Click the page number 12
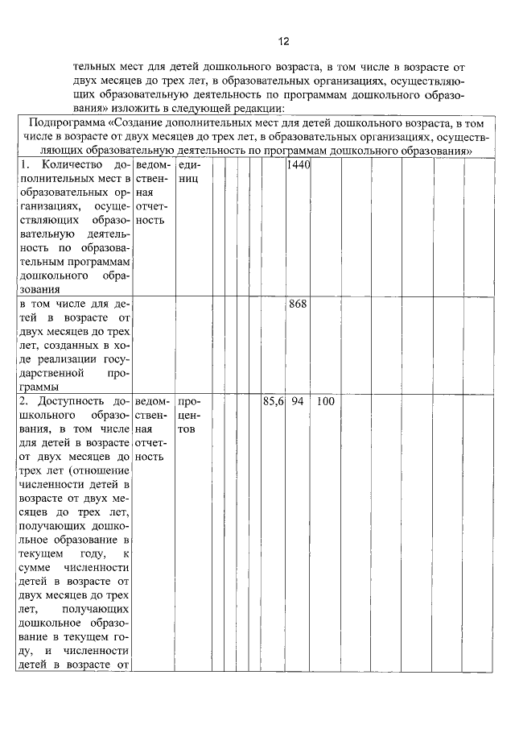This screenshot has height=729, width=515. point(283,42)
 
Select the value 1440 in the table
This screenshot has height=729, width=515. point(299,165)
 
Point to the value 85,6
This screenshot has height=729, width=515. point(274,401)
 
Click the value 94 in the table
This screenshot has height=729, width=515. point(297,401)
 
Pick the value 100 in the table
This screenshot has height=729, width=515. point(325,401)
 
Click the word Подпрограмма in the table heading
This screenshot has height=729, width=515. point(68,123)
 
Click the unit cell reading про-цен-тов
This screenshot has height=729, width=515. point(190,415)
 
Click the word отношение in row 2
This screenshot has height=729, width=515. point(101,470)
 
